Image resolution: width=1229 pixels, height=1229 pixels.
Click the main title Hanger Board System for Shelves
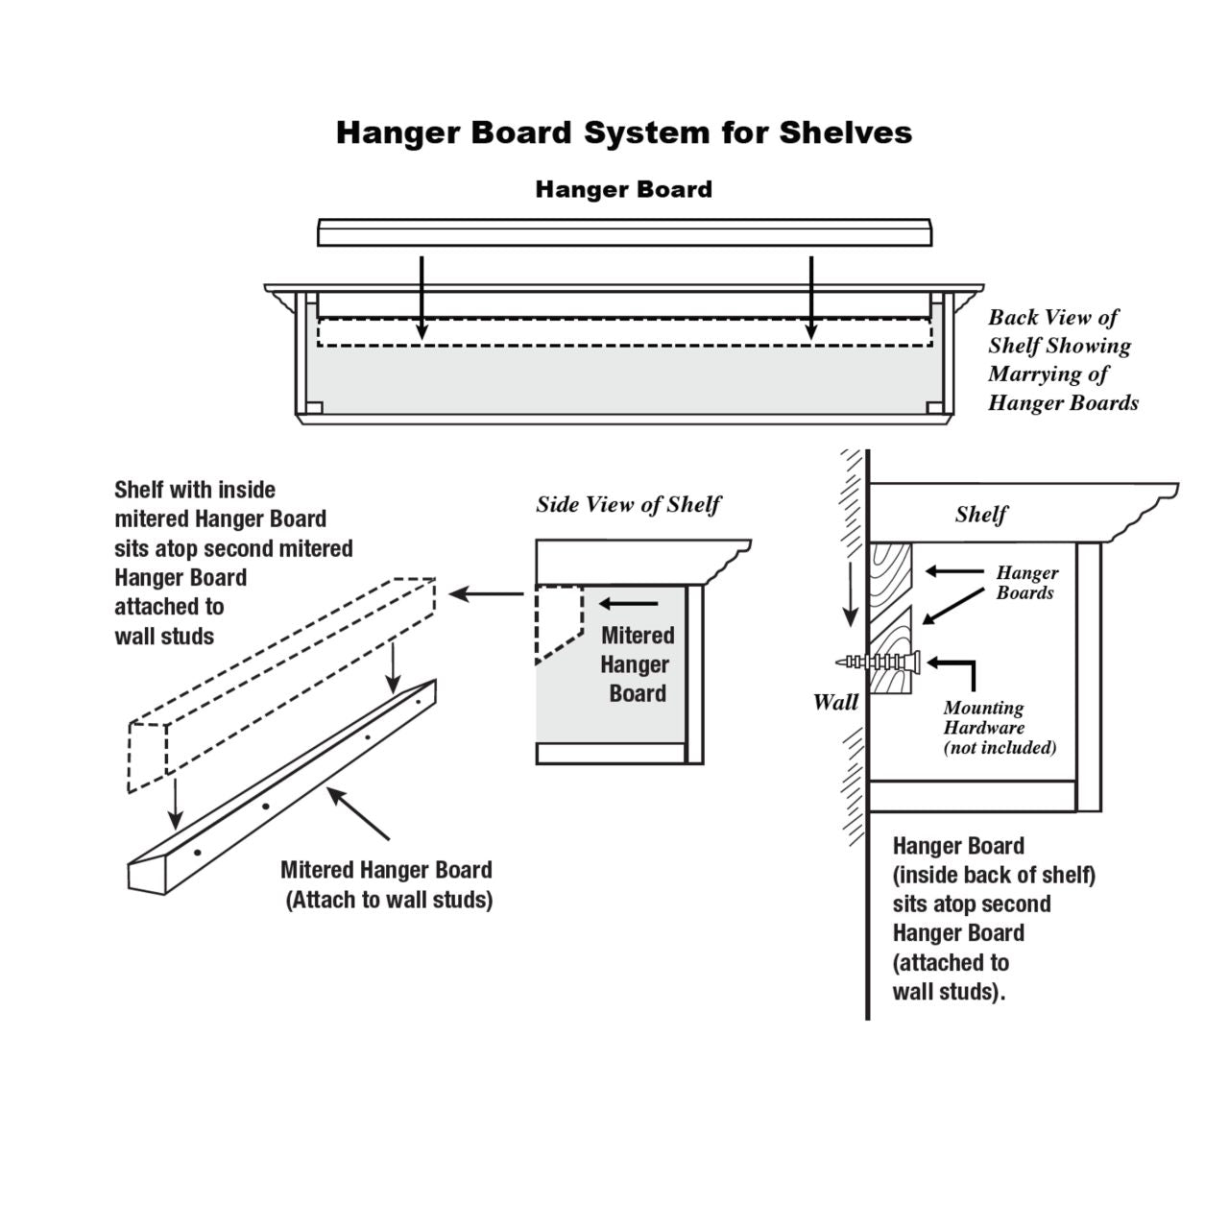(x=623, y=133)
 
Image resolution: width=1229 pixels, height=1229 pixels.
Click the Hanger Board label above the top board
(x=623, y=189)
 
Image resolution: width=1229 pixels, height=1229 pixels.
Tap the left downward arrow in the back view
(x=421, y=298)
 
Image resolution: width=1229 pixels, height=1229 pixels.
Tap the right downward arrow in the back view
(x=811, y=298)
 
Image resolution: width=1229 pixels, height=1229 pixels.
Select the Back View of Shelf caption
(x=1062, y=360)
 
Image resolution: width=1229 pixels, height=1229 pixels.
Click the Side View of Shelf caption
(x=628, y=505)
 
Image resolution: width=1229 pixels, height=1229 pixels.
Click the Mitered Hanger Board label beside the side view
(x=637, y=664)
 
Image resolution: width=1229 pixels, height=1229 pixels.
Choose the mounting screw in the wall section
(x=880, y=662)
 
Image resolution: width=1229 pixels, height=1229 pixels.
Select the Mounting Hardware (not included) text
(x=999, y=728)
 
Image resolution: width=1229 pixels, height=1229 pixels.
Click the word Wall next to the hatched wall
(x=835, y=703)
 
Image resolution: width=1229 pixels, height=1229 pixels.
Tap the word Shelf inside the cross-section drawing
(x=980, y=515)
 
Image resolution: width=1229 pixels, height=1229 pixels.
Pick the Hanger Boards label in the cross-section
(x=1025, y=583)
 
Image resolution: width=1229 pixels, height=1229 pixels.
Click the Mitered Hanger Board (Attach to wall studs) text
(x=387, y=884)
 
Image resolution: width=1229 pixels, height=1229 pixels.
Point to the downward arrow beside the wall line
(x=849, y=595)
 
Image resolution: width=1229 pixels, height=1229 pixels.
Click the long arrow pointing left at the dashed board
(x=487, y=594)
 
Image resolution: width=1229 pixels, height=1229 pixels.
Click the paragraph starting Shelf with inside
(x=233, y=563)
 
